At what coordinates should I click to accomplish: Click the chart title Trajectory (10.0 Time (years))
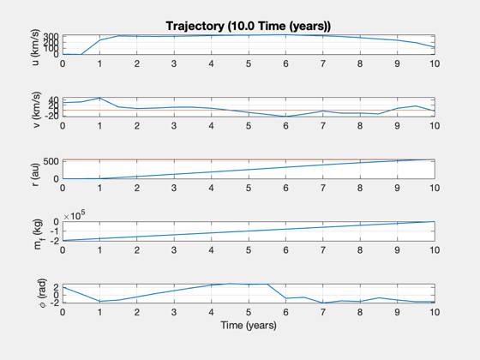249,26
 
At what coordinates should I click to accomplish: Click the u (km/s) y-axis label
35,47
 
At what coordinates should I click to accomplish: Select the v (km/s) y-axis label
36,110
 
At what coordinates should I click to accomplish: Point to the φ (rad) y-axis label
42,293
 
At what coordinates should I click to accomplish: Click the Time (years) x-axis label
249,325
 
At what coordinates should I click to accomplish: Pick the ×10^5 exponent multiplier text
75,215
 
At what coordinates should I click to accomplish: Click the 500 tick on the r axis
51,161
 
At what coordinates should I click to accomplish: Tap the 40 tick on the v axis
53,99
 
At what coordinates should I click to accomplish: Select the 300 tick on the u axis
51,36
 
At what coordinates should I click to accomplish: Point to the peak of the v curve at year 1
99,98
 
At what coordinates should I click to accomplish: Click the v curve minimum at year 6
285,117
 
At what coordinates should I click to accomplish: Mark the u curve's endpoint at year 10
435,47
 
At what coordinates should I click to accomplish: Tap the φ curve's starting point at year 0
63,287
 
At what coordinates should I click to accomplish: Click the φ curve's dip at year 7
323,303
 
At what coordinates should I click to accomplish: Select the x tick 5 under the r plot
249,188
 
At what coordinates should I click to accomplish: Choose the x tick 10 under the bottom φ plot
435,312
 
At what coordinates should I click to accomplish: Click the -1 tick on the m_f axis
55,231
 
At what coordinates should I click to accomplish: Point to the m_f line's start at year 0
63,241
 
